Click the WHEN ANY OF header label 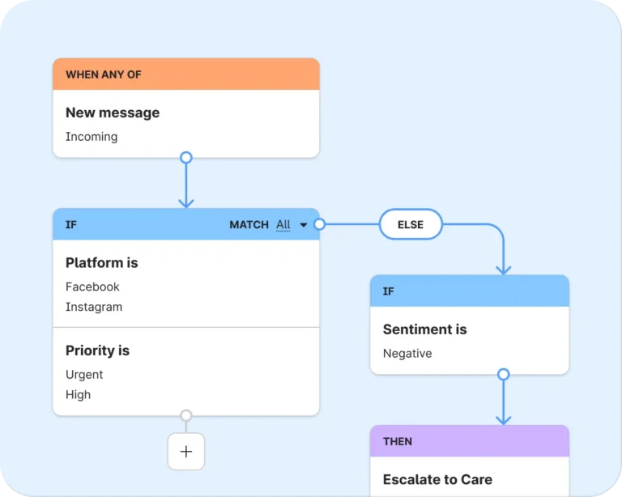pos(104,74)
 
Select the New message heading pos(113,113)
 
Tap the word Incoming pos(92,137)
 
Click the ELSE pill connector pos(411,224)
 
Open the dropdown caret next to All pos(304,225)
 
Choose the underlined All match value pos(283,225)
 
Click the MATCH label pos(249,225)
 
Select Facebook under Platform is pos(92,287)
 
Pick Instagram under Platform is pos(94,307)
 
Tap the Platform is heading pos(102,263)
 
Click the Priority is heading pos(97,350)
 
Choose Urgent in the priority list pos(84,375)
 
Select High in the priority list pos(78,395)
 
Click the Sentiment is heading pos(425,329)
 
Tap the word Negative pos(407,353)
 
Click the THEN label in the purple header pos(398,441)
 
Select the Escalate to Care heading pos(437,479)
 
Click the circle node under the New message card pos(186,157)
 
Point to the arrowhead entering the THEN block pos(504,421)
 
